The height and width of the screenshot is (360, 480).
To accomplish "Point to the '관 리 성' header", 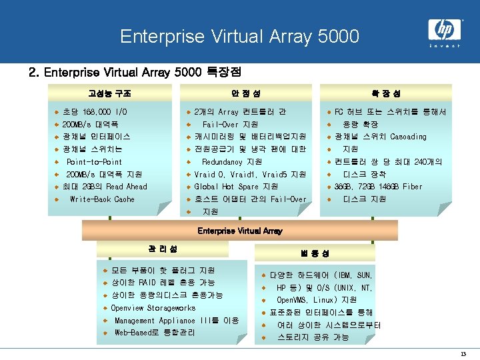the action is pyautogui.click(x=163, y=249).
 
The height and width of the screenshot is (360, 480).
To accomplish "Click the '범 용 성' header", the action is pyautogui.click(x=313, y=253).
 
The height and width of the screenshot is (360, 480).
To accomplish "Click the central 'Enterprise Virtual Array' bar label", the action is pyautogui.click(x=240, y=231).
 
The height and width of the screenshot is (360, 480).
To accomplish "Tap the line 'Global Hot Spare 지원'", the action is pyautogui.click(x=236, y=187).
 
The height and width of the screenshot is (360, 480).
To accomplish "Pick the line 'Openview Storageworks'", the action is pyautogui.click(x=153, y=308).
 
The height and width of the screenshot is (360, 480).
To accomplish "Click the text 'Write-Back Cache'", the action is pyautogui.click(x=102, y=199).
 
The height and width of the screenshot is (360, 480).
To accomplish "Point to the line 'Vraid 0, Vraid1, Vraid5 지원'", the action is pyautogui.click(x=250, y=174).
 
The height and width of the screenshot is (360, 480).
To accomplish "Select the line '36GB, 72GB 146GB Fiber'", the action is pyautogui.click(x=378, y=187).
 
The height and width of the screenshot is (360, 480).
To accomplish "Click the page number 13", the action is pyautogui.click(x=463, y=353).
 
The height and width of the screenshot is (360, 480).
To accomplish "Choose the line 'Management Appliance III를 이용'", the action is pyautogui.click(x=176, y=321).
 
